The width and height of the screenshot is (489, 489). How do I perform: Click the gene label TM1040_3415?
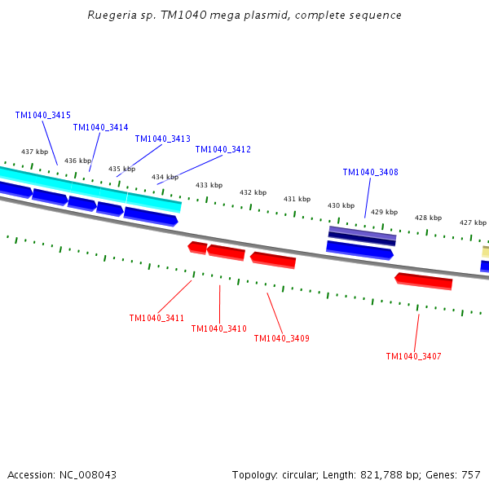tap(42, 115)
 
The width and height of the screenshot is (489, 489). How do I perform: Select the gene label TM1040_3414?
tap(100, 127)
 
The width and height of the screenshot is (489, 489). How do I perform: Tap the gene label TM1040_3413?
tap(162, 139)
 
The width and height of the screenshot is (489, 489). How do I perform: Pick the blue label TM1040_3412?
tap(222, 149)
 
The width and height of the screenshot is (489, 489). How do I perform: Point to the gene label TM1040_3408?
tap(370, 172)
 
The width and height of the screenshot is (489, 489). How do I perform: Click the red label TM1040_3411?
tap(156, 318)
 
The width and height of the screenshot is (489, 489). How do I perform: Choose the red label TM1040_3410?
tap(218, 328)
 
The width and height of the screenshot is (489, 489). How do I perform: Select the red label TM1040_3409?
tap(281, 338)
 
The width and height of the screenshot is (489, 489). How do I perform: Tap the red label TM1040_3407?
tap(413, 356)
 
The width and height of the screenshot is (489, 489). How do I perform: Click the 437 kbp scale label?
tap(34, 152)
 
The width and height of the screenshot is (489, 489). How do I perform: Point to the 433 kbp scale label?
tap(209, 185)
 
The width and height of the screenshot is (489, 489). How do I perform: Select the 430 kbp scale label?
tap(341, 205)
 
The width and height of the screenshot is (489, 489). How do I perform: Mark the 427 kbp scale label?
tap(473, 222)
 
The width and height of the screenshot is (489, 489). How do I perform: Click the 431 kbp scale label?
tap(297, 199)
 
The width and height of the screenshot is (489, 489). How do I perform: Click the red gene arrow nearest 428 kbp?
tap(424, 281)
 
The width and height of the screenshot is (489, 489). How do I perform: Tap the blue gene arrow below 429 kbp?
tap(359, 249)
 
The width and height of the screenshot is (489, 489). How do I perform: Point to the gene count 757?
tap(471, 474)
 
